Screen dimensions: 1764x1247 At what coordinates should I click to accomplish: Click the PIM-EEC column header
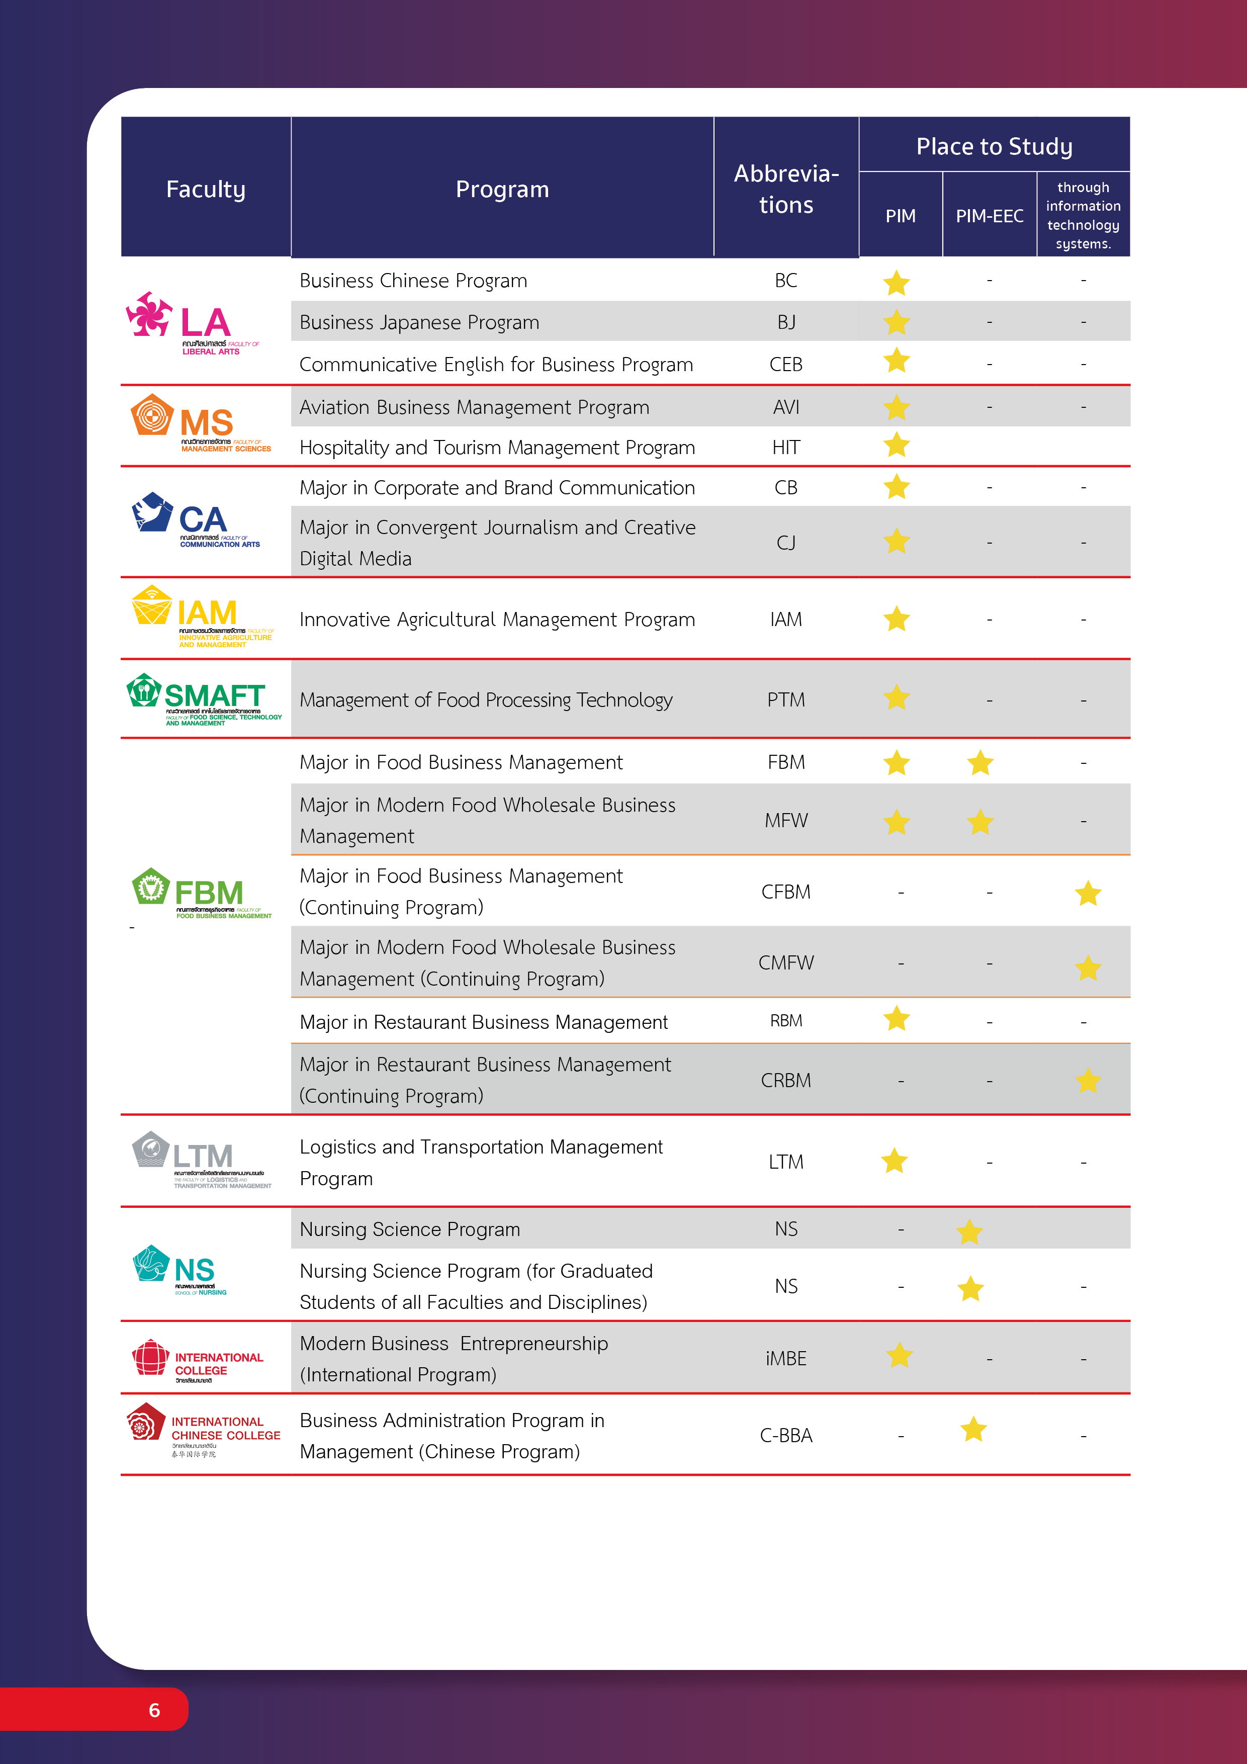989,216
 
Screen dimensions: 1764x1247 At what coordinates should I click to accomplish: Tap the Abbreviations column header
786,189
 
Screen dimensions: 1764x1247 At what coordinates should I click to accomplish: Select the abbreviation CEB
786,364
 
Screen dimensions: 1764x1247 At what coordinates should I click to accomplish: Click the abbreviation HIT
786,447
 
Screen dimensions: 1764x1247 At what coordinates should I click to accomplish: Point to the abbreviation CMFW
786,962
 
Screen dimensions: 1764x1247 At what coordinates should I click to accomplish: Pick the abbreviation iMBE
786,1358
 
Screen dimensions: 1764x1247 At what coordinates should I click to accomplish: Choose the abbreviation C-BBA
786,1435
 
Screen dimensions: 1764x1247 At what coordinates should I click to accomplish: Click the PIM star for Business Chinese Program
896,283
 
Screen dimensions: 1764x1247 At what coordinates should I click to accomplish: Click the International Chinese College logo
204,1431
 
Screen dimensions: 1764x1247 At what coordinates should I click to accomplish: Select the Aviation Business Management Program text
474,407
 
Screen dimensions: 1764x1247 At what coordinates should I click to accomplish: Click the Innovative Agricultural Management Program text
497,619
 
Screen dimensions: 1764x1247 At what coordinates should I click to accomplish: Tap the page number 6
154,1710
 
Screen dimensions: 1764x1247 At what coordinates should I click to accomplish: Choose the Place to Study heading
994,146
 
